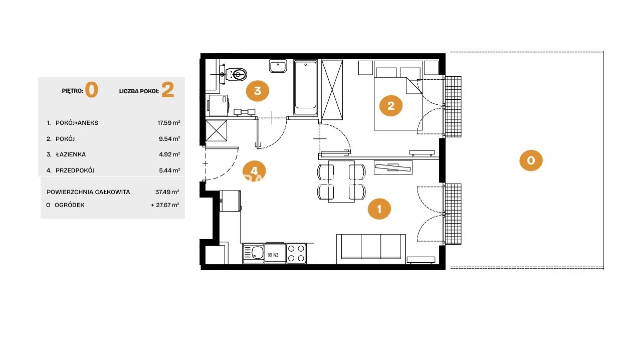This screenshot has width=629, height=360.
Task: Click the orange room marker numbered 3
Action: coord(257,91)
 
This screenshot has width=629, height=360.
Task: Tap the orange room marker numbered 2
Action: coord(390,106)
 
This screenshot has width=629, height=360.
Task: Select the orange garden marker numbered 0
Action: coord(531,160)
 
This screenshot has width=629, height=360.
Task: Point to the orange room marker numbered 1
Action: coord(379,209)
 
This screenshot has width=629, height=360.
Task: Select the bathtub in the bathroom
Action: coord(306,87)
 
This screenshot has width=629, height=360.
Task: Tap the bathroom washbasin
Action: coord(278,66)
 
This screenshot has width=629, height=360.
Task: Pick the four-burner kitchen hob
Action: coord(296,253)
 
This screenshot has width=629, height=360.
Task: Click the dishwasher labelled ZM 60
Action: coord(275,253)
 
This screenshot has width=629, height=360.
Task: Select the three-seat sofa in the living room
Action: coord(371,249)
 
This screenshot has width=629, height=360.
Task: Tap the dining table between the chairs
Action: coord(341,182)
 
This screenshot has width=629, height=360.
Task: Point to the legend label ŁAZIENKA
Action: coord(71,154)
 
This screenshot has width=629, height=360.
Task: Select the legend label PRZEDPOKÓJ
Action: coord(75,170)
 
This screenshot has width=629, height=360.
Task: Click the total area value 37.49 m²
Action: coord(167,192)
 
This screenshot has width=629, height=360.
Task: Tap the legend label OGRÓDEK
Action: coord(69,205)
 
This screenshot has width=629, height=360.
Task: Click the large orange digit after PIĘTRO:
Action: coord(92,90)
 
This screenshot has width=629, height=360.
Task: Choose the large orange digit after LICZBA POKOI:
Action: coord(167,90)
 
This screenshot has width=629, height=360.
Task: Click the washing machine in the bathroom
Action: coord(219,105)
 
